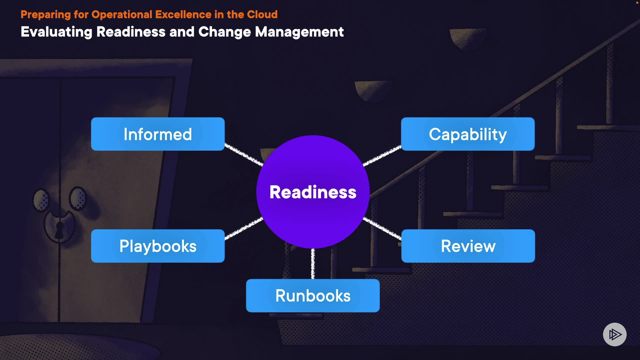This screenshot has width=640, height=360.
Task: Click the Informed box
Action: pos(158,134)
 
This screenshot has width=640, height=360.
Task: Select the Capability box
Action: pos(468,134)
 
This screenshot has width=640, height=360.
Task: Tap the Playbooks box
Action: pos(158,246)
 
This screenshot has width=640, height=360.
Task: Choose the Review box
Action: pos(468,246)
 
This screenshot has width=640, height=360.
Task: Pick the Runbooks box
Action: pos(313,296)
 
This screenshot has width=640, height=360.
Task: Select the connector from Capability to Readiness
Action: pos(382,155)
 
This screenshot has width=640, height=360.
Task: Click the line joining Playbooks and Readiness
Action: pos(244,228)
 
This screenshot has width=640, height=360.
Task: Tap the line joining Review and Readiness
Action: pos(382,228)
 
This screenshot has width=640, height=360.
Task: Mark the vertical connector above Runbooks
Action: pos(313,264)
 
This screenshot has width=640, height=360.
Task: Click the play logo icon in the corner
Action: pos(615,334)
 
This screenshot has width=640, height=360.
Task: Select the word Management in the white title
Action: pos(299,32)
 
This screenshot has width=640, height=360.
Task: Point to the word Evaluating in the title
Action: pos(56,32)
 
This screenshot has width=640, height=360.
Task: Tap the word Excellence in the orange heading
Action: pos(183,15)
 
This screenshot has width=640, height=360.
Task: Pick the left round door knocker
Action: pos(41,200)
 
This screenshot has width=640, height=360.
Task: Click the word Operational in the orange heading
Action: pos(122,15)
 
